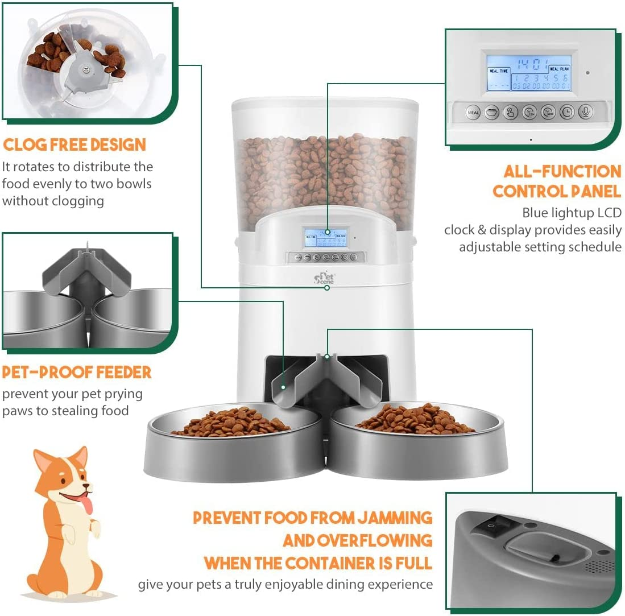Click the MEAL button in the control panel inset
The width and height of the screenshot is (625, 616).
coord(473,112)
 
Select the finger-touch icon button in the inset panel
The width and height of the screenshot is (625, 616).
coord(511,112)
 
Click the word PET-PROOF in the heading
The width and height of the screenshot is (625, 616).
coord(47,373)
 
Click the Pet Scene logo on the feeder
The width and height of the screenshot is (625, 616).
coord(326,277)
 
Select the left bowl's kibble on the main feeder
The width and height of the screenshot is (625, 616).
coord(231,423)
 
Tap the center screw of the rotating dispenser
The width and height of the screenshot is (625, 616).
coord(86,71)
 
